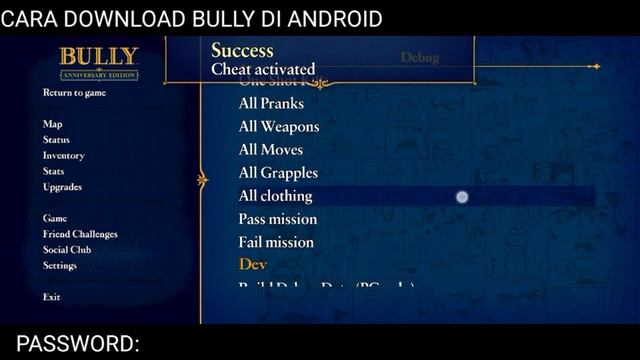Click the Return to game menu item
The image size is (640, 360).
tap(74, 93)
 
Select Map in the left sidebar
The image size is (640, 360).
tap(52, 124)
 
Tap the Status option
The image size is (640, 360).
tap(56, 140)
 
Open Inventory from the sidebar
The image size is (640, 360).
tap(63, 156)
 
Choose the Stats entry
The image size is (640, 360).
tap(53, 171)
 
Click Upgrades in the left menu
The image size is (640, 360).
tap(62, 187)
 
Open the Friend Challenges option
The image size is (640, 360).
tap(80, 234)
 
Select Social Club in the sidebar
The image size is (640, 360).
tap(67, 250)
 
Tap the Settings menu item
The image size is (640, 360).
tap(59, 266)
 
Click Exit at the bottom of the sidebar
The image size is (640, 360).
tap(51, 297)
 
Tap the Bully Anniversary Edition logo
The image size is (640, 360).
tap(98, 63)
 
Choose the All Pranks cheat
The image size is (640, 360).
tap(271, 103)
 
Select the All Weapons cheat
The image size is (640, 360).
tap(279, 127)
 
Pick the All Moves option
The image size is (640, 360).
tap(271, 150)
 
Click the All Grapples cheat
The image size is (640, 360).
tap(278, 173)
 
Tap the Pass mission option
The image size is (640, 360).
tap(277, 219)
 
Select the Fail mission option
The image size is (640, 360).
tap(275, 242)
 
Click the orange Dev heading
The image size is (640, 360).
tap(252, 264)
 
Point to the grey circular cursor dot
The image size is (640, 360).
tap(462, 197)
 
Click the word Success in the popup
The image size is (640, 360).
tap(242, 50)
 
